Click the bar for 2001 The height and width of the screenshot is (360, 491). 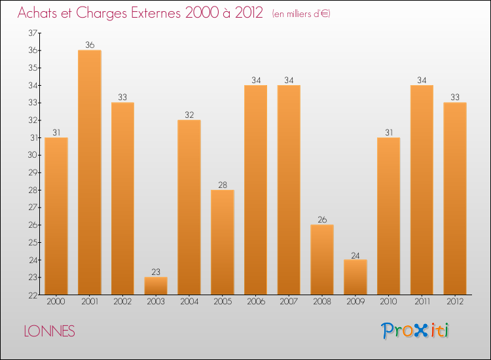[90, 172]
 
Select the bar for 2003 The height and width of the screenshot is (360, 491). [156, 285]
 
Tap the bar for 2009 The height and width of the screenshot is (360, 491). [355, 277]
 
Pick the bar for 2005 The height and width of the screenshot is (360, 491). [223, 242]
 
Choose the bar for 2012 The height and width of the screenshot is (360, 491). [455, 198]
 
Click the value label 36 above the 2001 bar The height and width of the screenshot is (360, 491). [90, 45]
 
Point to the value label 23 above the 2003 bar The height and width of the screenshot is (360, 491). [156, 272]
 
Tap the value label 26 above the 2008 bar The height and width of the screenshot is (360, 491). [322, 220]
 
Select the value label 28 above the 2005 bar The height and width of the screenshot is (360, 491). [223, 185]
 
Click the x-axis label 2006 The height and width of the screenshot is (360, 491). [255, 302]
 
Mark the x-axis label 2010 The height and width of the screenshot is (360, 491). [388, 302]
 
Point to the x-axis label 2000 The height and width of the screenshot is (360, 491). [56, 302]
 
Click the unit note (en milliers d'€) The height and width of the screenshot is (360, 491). [300, 14]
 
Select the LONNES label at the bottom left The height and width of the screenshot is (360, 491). [49, 331]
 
